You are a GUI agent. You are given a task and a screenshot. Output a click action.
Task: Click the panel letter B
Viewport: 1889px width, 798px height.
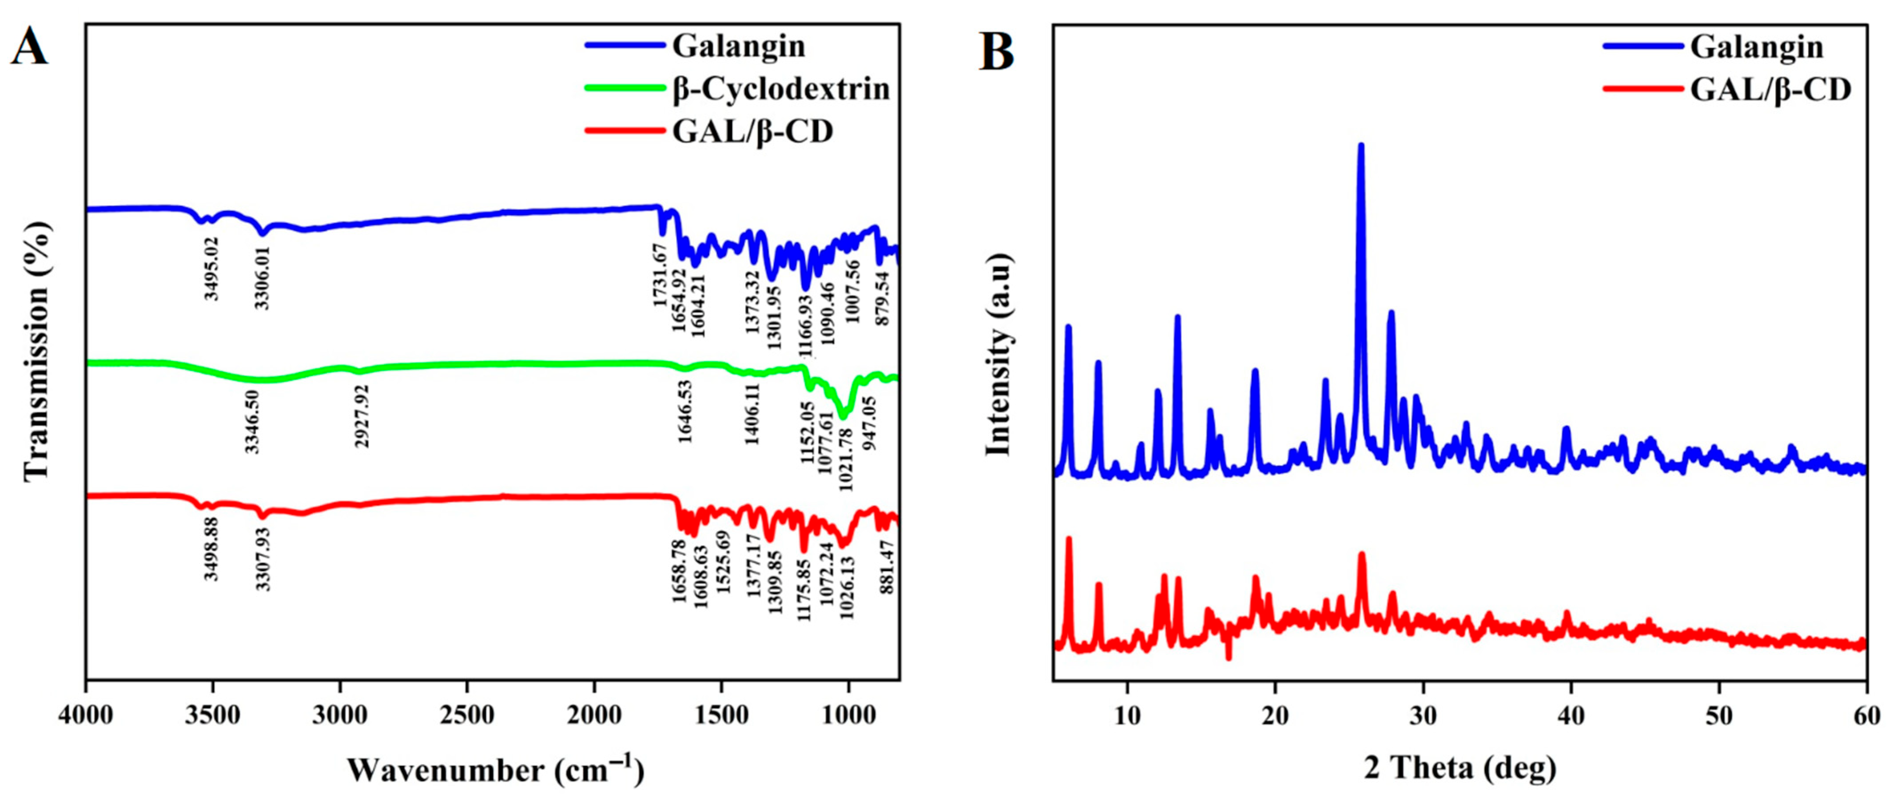(997, 52)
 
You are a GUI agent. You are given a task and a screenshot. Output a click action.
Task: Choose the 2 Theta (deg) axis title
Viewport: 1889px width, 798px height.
(1460, 767)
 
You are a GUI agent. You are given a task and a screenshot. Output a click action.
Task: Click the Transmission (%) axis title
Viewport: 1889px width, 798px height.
(37, 352)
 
